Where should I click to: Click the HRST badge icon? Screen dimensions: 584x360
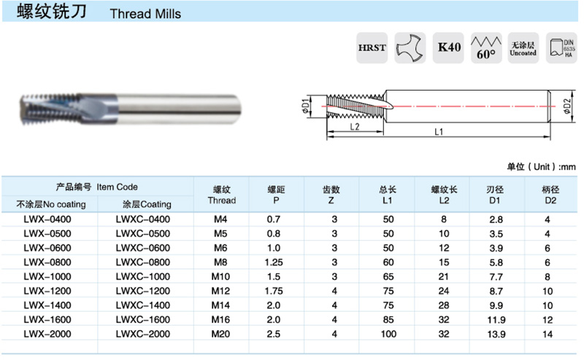click(372, 47)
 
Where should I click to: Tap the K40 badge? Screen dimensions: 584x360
click(448, 47)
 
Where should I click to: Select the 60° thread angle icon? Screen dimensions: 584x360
click(486, 47)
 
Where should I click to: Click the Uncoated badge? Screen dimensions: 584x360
click(523, 47)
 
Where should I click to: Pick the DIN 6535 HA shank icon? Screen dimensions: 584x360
click(561, 47)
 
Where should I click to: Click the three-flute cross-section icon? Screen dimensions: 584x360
click(410, 47)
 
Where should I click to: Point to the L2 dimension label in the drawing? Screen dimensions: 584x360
click(355, 127)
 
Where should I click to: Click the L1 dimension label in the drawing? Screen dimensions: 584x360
click(439, 132)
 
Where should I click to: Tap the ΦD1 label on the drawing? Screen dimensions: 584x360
click(306, 106)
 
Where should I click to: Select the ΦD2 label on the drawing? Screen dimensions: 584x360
click(567, 106)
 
